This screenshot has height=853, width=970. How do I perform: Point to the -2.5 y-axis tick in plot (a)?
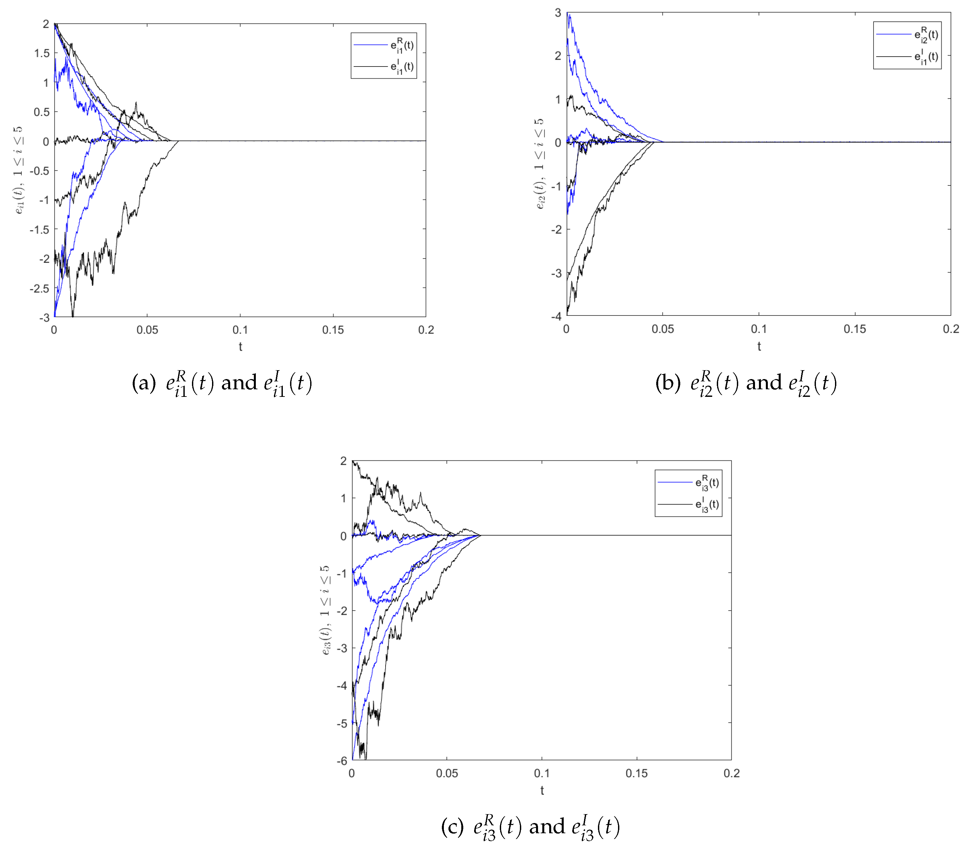pyautogui.click(x=40, y=289)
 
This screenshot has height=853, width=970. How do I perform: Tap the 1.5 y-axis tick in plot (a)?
pyautogui.click(x=42, y=53)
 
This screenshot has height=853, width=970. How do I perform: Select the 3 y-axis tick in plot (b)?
pyautogui.click(x=558, y=13)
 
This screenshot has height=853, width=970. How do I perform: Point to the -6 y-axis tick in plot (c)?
pyautogui.click(x=342, y=761)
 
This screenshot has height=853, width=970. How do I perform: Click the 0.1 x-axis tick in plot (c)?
pyautogui.click(x=542, y=773)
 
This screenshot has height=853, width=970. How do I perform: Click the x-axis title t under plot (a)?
pyautogui.click(x=241, y=347)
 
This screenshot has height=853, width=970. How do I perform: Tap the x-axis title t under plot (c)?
pyautogui.click(x=542, y=790)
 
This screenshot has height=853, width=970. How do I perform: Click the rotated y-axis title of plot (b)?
pyautogui.click(x=540, y=164)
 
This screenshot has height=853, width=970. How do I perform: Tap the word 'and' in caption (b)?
pyautogui.click(x=764, y=383)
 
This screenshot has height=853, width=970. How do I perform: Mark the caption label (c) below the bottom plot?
pyautogui.click(x=452, y=827)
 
